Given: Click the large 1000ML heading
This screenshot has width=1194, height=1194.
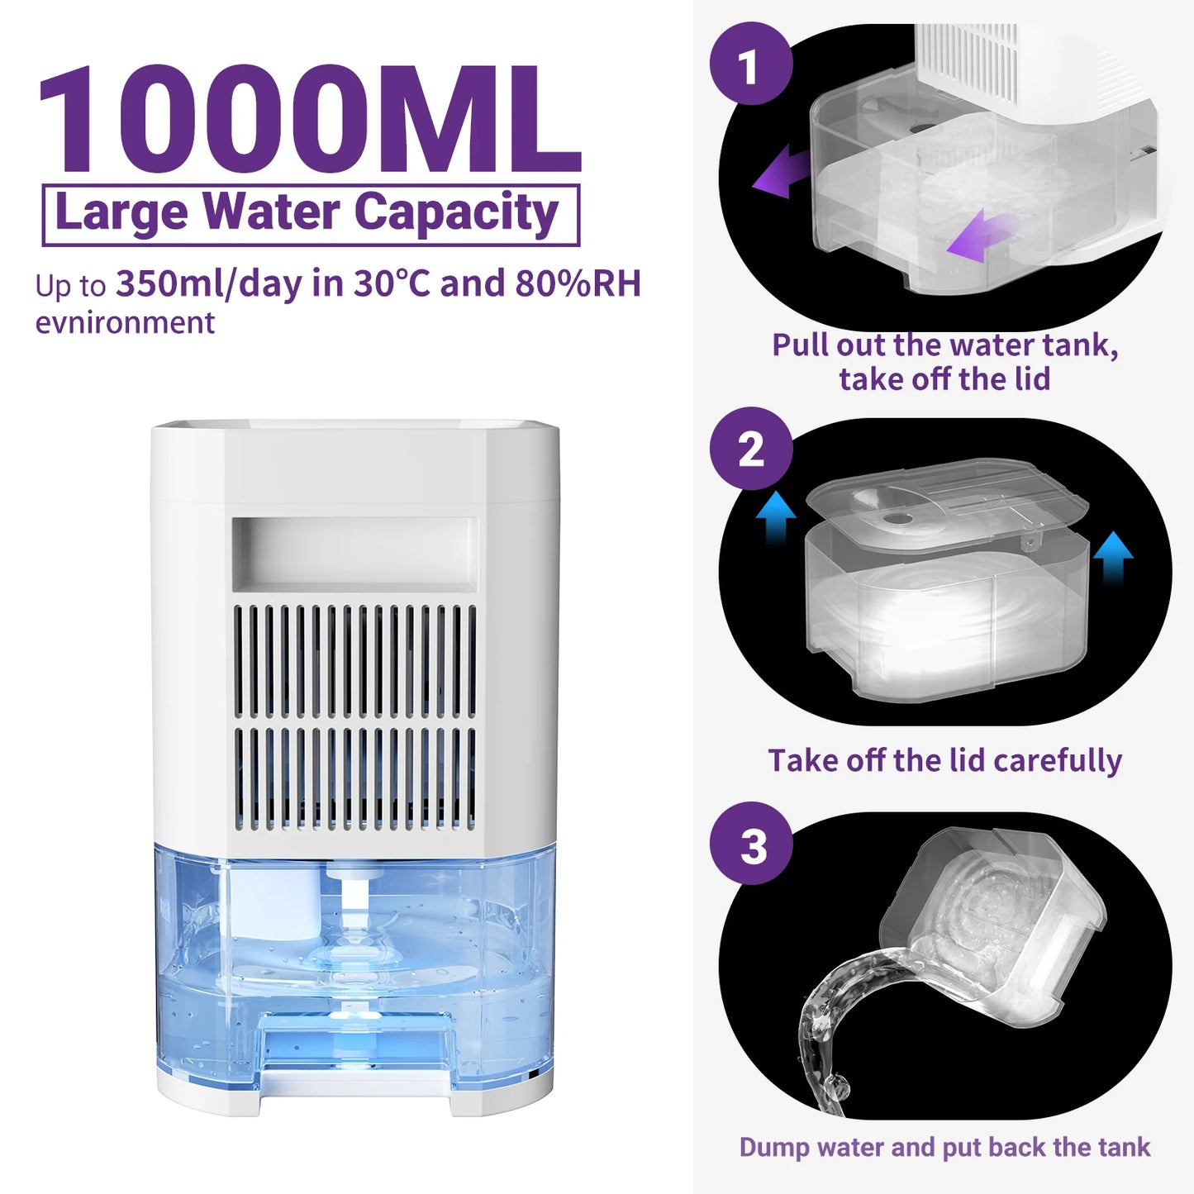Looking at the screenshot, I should [309, 121].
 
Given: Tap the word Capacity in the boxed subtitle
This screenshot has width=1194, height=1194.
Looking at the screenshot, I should [456, 213].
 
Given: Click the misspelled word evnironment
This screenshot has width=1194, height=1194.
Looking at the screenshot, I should [125, 322].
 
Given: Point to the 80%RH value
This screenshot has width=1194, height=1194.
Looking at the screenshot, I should [578, 283].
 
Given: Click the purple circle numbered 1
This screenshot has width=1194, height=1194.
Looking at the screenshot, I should [750, 64].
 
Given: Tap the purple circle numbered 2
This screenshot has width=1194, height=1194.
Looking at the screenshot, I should [750, 450].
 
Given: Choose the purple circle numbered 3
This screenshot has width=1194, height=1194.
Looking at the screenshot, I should [751, 844].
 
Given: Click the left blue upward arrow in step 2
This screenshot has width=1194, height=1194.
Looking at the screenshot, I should [775, 516].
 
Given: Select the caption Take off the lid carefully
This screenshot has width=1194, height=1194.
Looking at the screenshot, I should [944, 760].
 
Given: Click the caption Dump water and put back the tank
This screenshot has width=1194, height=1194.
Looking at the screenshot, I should [944, 1147].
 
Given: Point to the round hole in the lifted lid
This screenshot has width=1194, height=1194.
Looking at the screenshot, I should [897, 519].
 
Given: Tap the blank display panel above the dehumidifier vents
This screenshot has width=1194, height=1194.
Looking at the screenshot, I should [355, 554].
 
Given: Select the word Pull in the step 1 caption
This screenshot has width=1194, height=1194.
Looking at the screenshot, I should [802, 345].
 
